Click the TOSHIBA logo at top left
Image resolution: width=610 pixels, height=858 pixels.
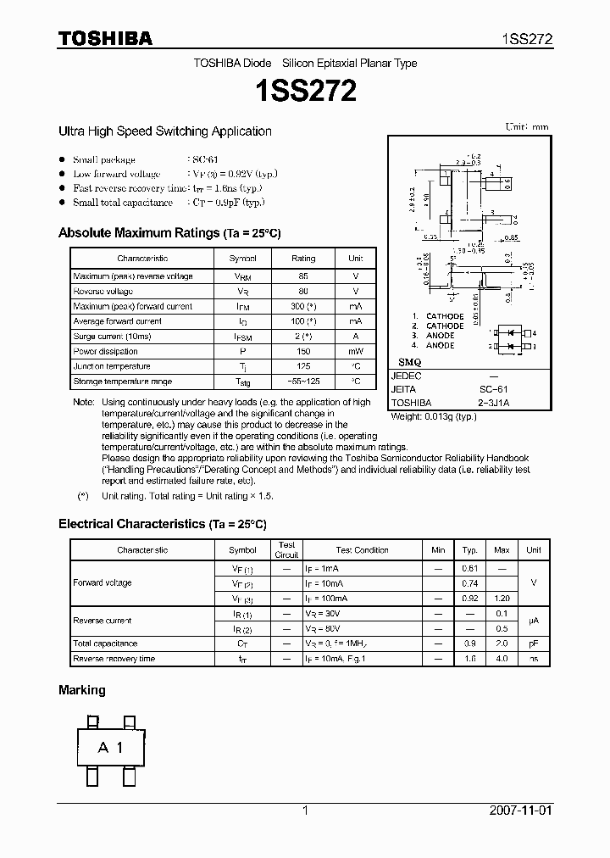click(105, 38)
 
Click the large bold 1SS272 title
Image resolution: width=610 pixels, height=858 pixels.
click(304, 91)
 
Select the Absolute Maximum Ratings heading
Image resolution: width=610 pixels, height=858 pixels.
click(169, 233)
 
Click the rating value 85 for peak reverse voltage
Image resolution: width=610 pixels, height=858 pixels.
click(302, 276)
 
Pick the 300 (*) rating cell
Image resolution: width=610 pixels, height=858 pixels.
click(302, 306)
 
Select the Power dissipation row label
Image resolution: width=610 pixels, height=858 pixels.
click(105, 351)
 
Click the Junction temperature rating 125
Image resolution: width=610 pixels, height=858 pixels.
click(302, 366)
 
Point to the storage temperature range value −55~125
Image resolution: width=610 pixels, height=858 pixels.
click(302, 382)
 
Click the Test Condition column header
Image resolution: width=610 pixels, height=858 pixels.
click(362, 550)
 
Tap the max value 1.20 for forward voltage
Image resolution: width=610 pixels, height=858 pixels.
click(502, 599)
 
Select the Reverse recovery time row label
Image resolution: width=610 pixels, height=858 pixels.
click(114, 658)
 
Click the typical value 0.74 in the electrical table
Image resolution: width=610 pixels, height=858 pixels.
click(470, 584)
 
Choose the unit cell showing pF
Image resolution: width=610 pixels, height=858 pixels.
click(533, 643)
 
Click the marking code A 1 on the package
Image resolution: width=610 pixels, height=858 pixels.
click(110, 747)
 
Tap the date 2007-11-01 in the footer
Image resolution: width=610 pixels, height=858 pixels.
click(520, 811)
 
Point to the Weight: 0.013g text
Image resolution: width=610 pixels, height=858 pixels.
click(434, 416)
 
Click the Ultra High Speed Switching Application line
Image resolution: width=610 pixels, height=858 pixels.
click(164, 131)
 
